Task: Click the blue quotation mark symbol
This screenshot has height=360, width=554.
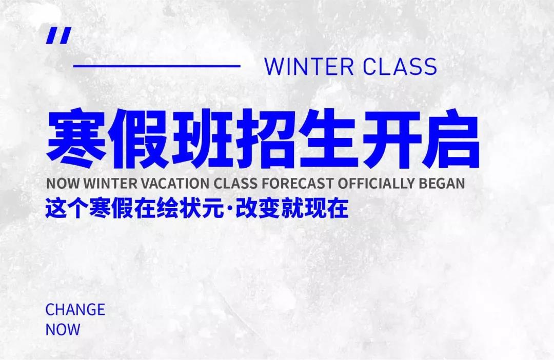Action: (58, 35)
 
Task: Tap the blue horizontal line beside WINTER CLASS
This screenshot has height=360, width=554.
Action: (157, 66)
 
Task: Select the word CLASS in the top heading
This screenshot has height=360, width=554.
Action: (400, 67)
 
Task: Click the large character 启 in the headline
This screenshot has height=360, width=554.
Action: (450, 138)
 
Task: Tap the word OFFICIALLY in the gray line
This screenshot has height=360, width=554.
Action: (377, 183)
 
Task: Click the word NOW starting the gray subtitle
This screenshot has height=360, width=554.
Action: (64, 183)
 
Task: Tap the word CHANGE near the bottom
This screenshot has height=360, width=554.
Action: (75, 309)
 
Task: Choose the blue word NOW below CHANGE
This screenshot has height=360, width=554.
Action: (63, 329)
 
